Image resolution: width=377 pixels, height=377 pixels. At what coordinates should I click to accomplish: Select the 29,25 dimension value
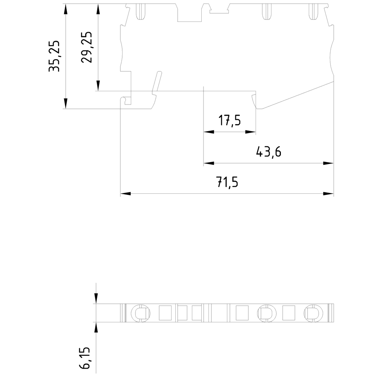point(87,47)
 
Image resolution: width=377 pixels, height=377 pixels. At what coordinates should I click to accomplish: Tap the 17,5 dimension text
point(229,121)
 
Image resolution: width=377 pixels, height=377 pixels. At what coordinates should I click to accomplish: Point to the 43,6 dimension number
point(269,152)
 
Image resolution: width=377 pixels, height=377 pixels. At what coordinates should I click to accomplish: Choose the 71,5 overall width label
point(227,183)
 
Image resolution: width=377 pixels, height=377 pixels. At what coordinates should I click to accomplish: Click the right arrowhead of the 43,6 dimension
point(329,163)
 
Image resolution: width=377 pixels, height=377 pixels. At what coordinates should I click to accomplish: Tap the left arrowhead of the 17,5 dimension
point(208,132)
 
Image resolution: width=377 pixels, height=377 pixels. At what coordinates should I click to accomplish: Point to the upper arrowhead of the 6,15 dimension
point(96,299)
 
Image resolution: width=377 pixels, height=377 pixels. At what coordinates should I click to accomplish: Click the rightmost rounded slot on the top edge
point(314,11)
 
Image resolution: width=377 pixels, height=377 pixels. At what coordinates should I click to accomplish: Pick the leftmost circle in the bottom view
point(140,313)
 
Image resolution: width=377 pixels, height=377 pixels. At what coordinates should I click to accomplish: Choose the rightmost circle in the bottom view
point(313,313)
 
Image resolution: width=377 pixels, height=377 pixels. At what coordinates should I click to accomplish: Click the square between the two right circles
point(289,313)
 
